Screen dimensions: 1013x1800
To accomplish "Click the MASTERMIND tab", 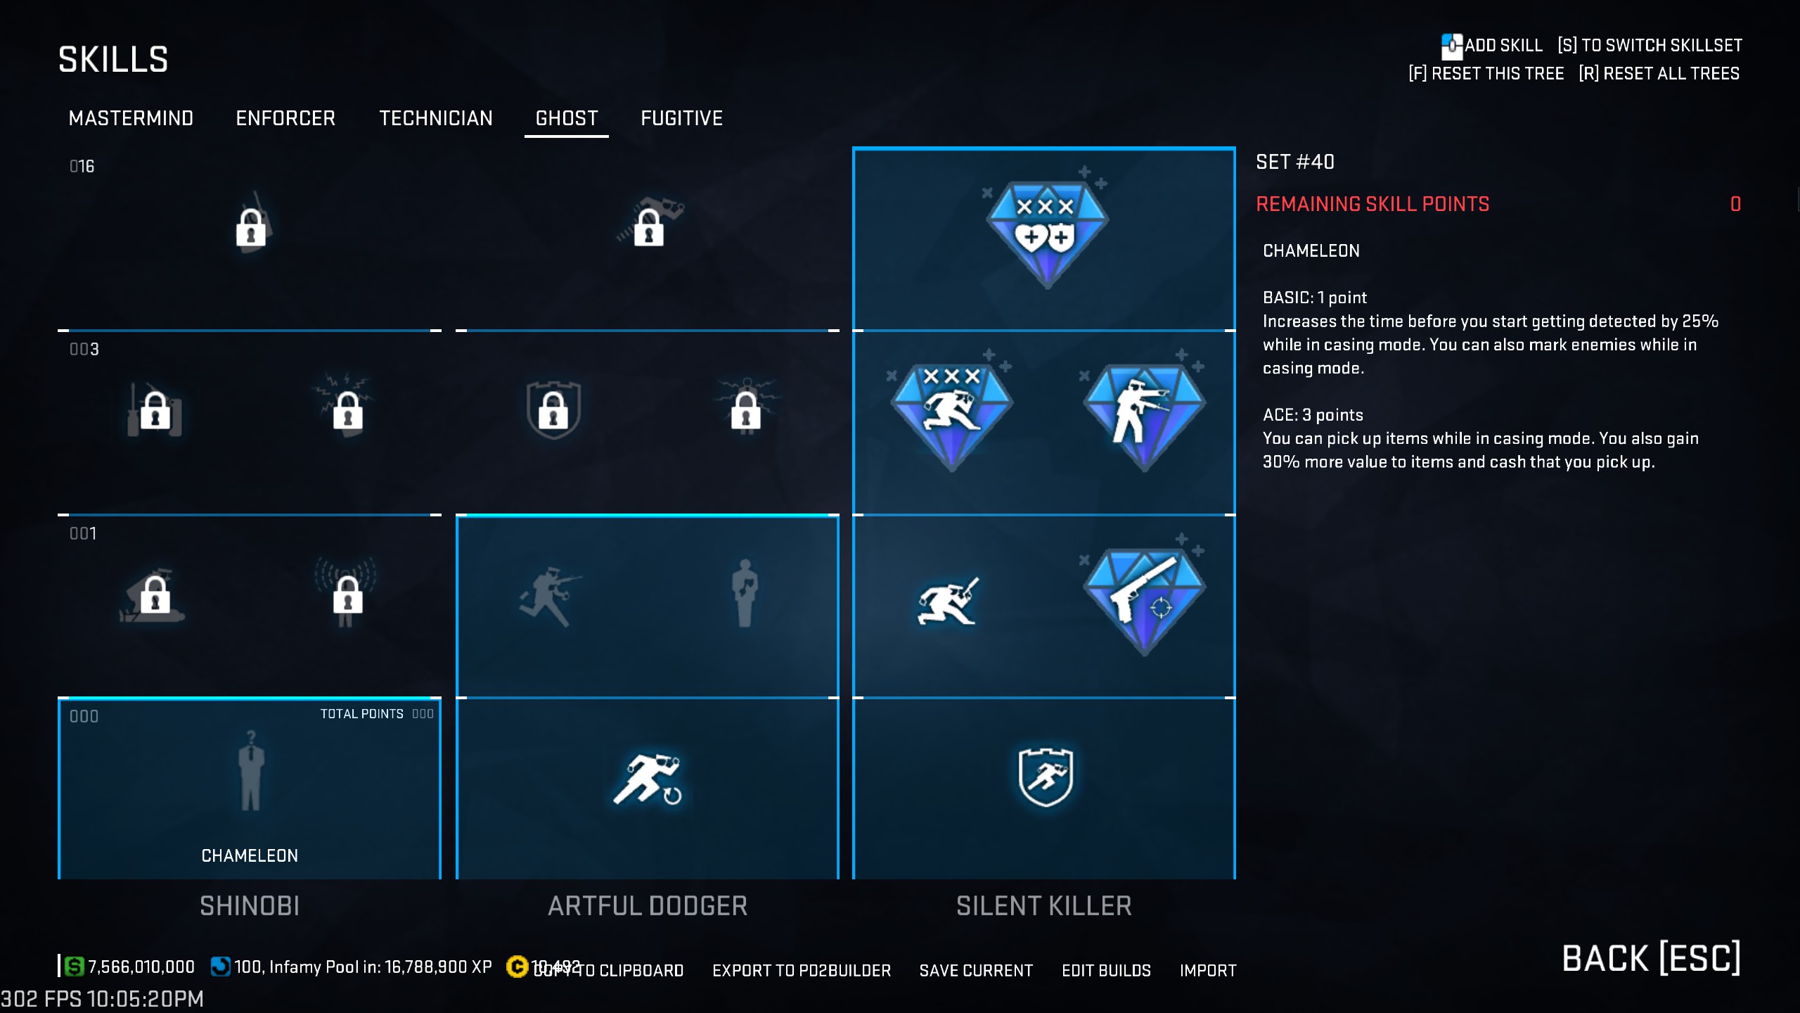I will coord(131,118).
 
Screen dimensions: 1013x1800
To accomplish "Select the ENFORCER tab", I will coord(285,118).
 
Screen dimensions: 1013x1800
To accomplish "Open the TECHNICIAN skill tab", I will coord(436,118).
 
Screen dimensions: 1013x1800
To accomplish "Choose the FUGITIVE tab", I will coord(681,118).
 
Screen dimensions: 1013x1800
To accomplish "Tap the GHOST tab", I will coord(567,118).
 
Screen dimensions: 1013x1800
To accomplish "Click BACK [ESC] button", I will coord(1651,959).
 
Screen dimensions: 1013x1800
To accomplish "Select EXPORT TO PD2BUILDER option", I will coord(802,971).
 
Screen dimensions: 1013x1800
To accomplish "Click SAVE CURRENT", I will coord(976,971).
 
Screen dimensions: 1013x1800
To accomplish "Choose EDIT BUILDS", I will coord(1106,971).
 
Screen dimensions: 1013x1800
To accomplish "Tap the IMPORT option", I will coord(1207,971).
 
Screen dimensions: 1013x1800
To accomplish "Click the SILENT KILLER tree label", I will coord(1043,906).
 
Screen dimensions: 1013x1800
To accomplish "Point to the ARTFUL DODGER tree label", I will coord(648,906).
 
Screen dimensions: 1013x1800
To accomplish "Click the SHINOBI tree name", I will coord(250,906).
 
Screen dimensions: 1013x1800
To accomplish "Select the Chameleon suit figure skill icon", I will coord(250,771).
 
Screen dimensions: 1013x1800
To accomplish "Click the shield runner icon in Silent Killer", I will coord(1046,777).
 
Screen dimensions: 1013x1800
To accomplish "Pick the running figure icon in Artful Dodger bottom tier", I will coord(648,778).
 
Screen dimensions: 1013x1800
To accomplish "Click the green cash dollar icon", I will coord(74,967).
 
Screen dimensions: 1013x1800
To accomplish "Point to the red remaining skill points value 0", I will coord(1735,205).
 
